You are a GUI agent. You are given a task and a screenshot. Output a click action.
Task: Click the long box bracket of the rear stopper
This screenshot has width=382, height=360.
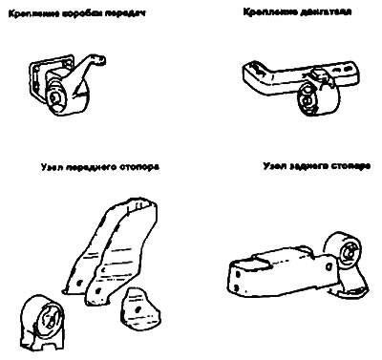pos(277,267)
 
